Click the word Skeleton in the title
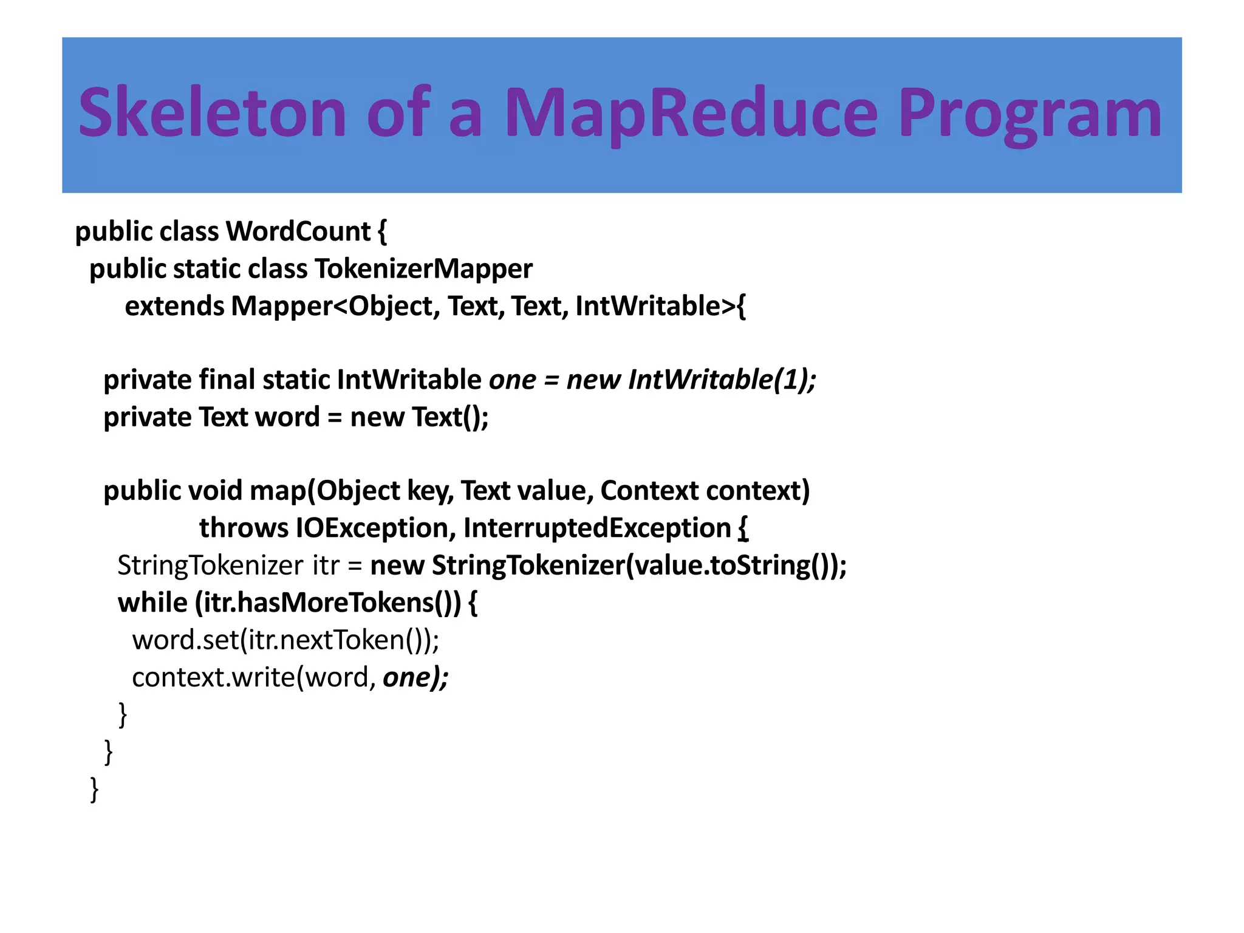(x=212, y=113)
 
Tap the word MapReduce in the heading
(x=691, y=113)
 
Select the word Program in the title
(x=1029, y=113)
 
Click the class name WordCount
(x=298, y=231)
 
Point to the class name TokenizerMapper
(x=423, y=269)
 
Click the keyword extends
(x=174, y=306)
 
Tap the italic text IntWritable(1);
(x=722, y=380)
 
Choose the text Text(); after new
(x=450, y=417)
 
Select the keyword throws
(x=244, y=528)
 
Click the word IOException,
(x=376, y=528)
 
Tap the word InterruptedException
(x=596, y=528)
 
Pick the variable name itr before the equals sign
(x=326, y=566)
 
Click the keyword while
(x=152, y=603)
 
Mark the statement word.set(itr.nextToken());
(x=285, y=640)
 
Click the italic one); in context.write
(x=415, y=677)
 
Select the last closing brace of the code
(x=94, y=789)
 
